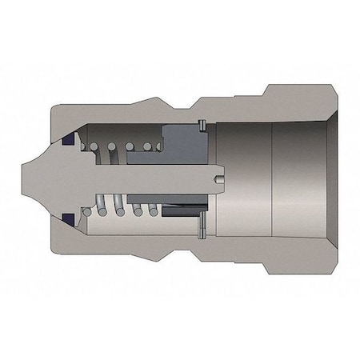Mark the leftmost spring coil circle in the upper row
(94, 147)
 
